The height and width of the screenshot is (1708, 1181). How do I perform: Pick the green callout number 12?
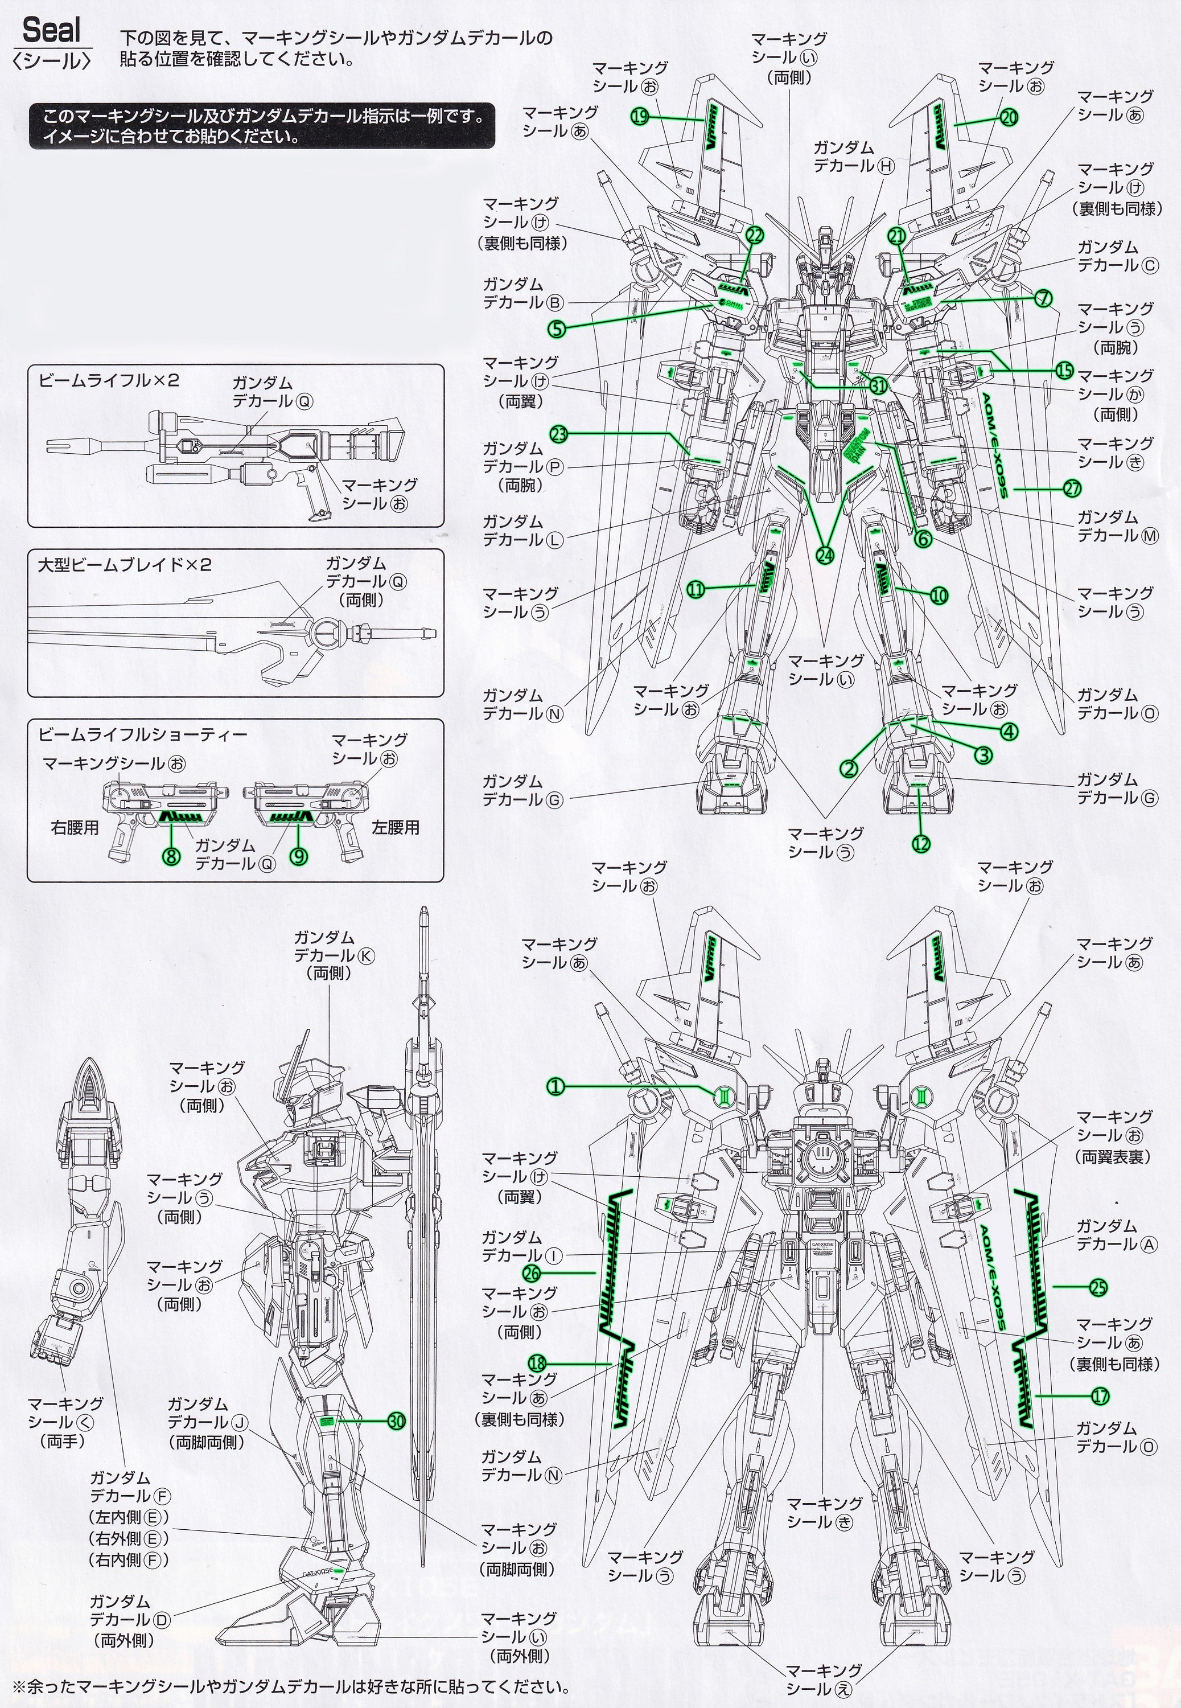click(x=921, y=843)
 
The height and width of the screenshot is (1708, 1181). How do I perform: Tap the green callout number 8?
click(x=172, y=857)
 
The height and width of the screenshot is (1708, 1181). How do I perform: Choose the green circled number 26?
click(x=532, y=1273)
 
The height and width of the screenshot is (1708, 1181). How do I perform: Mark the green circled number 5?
click(x=557, y=329)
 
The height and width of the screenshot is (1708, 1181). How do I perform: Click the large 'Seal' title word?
click(x=52, y=31)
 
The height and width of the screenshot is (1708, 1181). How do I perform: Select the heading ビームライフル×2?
click(x=109, y=380)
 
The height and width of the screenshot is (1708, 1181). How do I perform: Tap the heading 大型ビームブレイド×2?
click(x=124, y=565)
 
